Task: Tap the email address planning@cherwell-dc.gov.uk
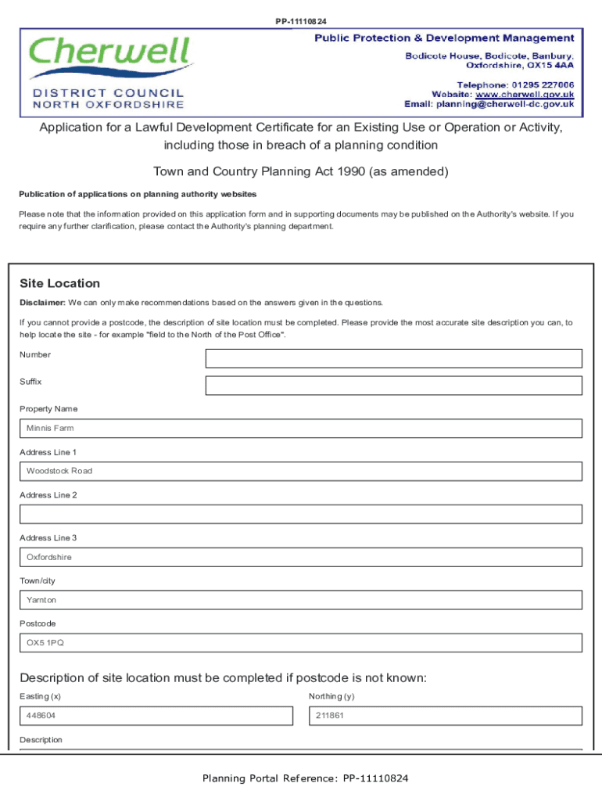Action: [x=505, y=103]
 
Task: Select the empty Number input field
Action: [x=393, y=358]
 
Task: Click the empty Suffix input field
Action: [x=393, y=386]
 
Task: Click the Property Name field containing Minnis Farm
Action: [x=301, y=429]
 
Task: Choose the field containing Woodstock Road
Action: [x=301, y=471]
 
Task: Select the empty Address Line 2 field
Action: [x=301, y=514]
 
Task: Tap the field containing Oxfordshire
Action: [x=301, y=557]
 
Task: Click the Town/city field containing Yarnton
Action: [x=301, y=600]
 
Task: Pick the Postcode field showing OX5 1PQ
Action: [x=301, y=643]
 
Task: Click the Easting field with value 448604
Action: [x=156, y=716]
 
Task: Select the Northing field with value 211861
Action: [x=446, y=716]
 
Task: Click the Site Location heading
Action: [x=60, y=283]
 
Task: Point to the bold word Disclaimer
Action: [x=42, y=303]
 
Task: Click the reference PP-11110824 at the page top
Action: [x=301, y=21]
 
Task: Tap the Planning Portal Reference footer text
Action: [x=305, y=778]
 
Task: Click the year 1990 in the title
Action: [x=352, y=171]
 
